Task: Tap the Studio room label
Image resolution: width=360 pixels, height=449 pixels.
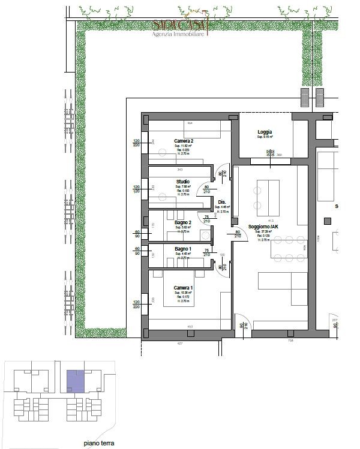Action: [x=182, y=182]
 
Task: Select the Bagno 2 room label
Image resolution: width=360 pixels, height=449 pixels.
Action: [x=183, y=222]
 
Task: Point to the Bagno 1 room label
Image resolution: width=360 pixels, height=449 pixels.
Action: [x=183, y=249]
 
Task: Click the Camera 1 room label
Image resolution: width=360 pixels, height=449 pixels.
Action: [x=184, y=288]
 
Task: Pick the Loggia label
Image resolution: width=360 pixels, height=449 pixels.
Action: [x=265, y=132]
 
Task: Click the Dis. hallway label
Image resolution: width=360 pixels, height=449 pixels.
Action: [x=221, y=202]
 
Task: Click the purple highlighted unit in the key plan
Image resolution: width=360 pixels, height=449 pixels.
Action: [x=74, y=381]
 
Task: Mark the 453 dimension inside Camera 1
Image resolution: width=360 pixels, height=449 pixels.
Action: [x=189, y=326]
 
